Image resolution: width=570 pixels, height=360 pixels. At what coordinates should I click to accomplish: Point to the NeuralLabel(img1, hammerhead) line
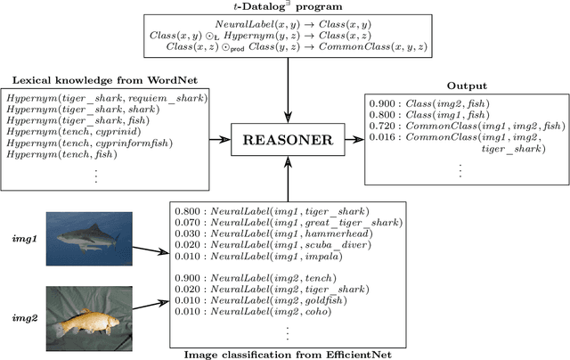[x=273, y=233]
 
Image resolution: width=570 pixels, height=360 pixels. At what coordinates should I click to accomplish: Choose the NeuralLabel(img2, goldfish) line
[x=263, y=300]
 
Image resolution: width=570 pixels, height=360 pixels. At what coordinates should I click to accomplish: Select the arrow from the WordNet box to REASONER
[x=217, y=140]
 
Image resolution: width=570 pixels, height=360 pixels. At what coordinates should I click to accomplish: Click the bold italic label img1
[x=20, y=241]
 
